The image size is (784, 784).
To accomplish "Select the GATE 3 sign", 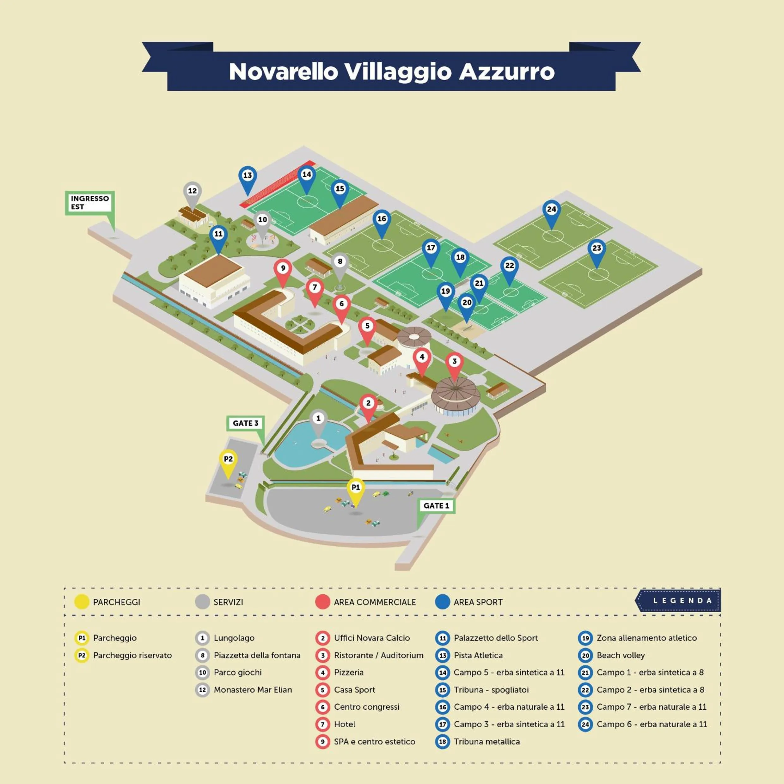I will [245, 423].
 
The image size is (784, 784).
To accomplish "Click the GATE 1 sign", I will [436, 505].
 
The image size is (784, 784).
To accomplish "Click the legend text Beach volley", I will [621, 655].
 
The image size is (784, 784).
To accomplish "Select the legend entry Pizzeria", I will [349, 672].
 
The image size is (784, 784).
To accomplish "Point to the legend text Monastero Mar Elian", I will [252, 690].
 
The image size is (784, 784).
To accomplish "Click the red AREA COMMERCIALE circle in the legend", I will [322, 602].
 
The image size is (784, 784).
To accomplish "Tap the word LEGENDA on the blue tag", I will [683, 601].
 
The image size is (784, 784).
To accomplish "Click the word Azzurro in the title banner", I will [506, 72].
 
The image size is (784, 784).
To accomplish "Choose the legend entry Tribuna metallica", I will [487, 741].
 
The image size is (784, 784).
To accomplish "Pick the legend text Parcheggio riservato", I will [132, 655].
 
